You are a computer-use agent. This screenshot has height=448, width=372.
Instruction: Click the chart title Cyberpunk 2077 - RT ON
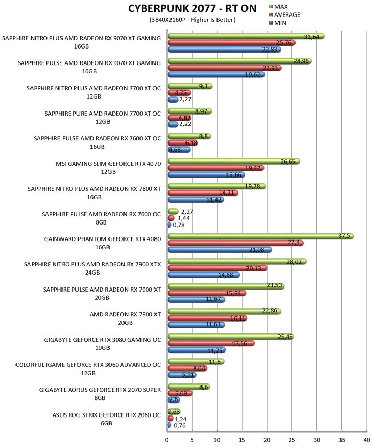(192, 9)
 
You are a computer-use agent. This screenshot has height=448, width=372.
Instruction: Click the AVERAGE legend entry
(285, 15)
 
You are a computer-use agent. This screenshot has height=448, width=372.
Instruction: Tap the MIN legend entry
(277, 23)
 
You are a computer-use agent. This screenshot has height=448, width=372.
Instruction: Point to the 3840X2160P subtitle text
(192, 20)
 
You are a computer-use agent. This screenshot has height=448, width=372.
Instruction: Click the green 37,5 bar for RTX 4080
(261, 236)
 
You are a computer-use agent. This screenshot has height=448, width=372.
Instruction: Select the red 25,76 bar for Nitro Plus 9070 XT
(231, 43)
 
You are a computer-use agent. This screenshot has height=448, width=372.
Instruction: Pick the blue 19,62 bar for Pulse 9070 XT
(216, 74)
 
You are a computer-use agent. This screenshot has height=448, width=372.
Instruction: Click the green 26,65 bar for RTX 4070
(234, 162)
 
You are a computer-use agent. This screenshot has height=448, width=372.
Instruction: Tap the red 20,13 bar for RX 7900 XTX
(218, 268)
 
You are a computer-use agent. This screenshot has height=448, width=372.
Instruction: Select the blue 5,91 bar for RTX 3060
(182, 375)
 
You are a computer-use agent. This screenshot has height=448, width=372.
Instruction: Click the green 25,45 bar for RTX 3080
(231, 337)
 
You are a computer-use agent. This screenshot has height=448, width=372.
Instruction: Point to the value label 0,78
(179, 225)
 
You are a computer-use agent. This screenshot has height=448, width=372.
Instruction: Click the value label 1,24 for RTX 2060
(180, 419)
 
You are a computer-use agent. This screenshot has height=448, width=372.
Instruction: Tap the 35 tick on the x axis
(342, 440)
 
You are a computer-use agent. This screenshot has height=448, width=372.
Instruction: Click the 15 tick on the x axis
(242, 440)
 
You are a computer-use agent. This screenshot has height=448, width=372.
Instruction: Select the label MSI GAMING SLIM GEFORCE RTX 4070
(109, 164)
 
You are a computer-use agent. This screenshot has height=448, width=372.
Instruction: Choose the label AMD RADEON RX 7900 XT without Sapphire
(125, 314)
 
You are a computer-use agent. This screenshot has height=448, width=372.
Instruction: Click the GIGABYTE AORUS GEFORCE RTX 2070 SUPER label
(100, 390)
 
